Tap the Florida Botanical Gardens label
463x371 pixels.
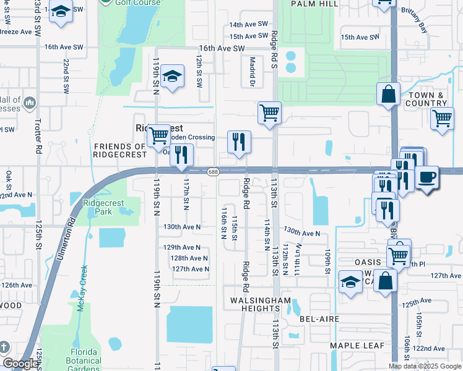point(84,356)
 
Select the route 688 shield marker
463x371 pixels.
point(213,171)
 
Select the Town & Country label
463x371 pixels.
point(426,99)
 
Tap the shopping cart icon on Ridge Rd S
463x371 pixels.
point(269,113)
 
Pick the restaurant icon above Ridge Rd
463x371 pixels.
point(238,142)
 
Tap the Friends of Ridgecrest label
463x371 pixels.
point(120,150)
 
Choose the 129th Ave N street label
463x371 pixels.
point(181,247)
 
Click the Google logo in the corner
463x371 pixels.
point(20,364)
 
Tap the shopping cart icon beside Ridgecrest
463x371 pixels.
point(159,134)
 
